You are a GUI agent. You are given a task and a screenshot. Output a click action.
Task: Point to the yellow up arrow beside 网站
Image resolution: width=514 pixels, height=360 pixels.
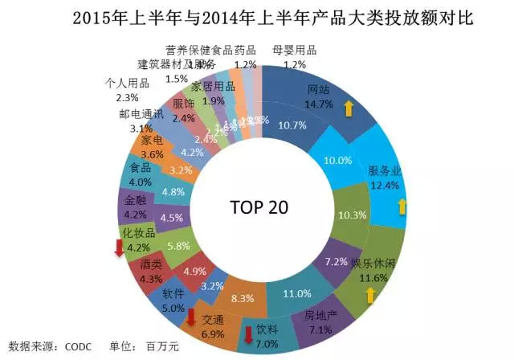[x=349, y=108]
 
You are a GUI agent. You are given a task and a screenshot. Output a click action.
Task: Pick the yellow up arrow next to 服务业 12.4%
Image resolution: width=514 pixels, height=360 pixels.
[x=402, y=207]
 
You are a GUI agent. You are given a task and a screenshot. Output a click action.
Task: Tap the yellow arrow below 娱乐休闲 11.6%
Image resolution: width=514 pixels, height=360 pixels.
[x=370, y=296]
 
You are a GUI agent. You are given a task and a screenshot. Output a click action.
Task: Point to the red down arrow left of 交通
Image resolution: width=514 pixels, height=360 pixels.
[x=191, y=319]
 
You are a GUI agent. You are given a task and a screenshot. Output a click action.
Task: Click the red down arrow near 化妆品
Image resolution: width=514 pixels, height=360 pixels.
[x=119, y=250]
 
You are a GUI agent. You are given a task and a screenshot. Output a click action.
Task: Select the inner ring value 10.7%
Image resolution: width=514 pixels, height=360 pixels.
[x=291, y=125]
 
